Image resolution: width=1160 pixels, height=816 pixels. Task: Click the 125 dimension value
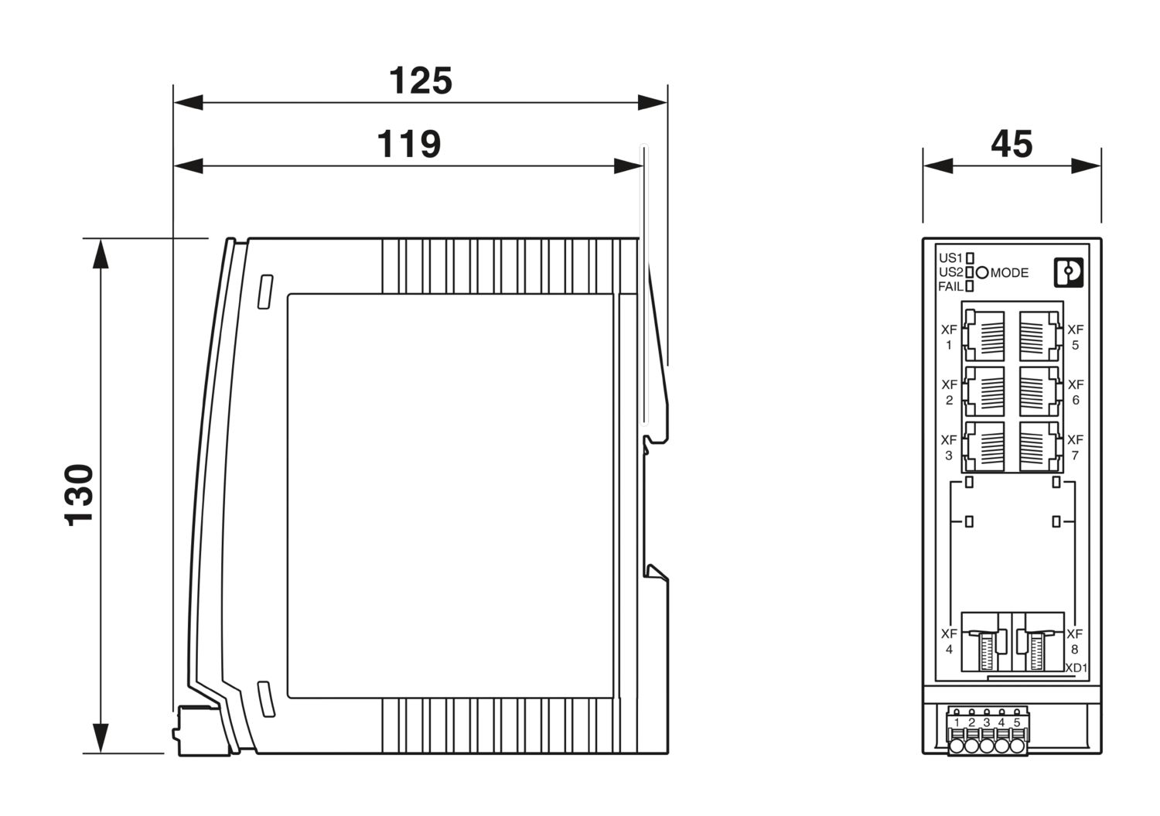[x=421, y=81]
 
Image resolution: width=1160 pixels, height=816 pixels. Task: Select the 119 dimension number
[x=408, y=144]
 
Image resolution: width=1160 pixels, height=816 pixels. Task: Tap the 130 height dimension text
[x=79, y=495]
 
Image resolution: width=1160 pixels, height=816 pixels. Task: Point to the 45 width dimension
[x=1012, y=144]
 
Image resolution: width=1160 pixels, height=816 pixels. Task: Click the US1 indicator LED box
[x=970, y=258]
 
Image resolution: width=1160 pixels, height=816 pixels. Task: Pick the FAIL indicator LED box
[x=970, y=286]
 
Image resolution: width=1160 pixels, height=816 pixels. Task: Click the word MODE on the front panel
[x=1009, y=273]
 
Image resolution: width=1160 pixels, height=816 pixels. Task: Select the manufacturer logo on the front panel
[x=1069, y=272]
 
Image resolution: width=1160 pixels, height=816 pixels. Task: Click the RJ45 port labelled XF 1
[x=984, y=336]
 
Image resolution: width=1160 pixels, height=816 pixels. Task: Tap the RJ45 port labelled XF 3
[x=984, y=446]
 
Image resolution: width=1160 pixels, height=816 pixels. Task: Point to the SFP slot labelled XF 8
[x=1039, y=643]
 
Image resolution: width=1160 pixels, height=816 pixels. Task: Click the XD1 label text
[x=1076, y=668]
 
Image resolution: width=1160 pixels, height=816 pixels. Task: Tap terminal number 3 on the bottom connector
[x=987, y=722]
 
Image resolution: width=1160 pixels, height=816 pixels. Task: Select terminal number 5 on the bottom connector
[x=1017, y=722]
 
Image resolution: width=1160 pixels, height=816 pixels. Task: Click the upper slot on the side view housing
[x=265, y=292]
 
